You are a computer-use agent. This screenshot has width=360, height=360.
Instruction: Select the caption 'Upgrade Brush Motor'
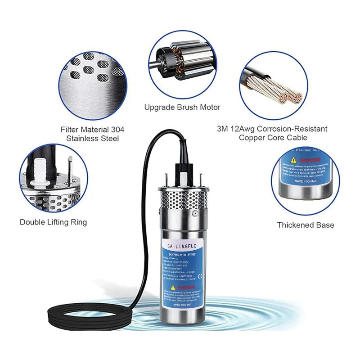pyautogui.click(x=182, y=107)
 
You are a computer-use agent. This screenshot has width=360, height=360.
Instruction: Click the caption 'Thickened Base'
pyautogui.click(x=305, y=225)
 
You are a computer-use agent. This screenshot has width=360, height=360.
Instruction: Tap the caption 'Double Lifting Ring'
pyautogui.click(x=53, y=222)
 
